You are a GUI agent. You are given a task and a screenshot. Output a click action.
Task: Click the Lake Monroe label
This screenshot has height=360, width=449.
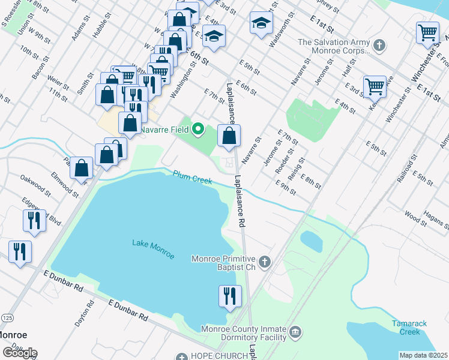point(153,249)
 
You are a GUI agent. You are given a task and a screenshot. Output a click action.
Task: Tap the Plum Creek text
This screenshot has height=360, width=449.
point(192,178)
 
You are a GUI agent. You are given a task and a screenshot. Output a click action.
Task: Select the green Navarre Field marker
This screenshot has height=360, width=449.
point(198,128)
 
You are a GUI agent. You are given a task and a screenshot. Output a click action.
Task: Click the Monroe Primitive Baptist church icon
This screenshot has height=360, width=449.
point(265,260)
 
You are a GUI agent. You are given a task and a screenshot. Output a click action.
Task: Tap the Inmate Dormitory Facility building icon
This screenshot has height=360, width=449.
point(295,332)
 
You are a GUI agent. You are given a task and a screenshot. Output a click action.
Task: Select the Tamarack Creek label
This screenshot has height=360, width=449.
point(409,328)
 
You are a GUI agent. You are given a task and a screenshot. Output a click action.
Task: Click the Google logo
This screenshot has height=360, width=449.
point(20,353)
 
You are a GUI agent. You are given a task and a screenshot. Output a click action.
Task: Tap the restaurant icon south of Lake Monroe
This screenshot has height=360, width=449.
point(230,296)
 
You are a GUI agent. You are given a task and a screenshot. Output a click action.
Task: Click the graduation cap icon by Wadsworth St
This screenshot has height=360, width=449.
point(261,23)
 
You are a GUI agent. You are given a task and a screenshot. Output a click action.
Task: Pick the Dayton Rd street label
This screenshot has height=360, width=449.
point(85,313)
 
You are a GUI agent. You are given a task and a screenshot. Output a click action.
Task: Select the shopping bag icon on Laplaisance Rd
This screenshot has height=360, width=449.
point(229,135)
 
